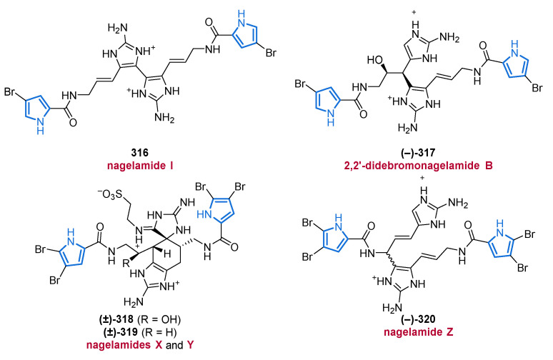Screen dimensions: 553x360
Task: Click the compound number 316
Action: point(139,153)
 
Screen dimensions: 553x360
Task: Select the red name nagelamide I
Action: point(140,166)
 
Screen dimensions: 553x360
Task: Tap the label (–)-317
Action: point(417,153)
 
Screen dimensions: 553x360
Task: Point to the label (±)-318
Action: point(116,319)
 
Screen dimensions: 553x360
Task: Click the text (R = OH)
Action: point(159,319)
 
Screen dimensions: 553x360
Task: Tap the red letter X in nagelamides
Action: point(159,345)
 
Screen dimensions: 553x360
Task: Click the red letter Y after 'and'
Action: point(191,345)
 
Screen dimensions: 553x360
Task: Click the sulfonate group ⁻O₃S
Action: point(111,194)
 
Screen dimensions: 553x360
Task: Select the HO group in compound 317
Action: point(375,59)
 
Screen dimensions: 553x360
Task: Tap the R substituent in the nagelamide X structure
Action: point(126,263)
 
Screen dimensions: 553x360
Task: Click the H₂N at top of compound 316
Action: point(118,28)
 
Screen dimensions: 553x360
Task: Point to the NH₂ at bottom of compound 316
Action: point(164,118)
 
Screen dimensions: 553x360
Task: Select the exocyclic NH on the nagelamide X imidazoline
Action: point(186,202)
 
